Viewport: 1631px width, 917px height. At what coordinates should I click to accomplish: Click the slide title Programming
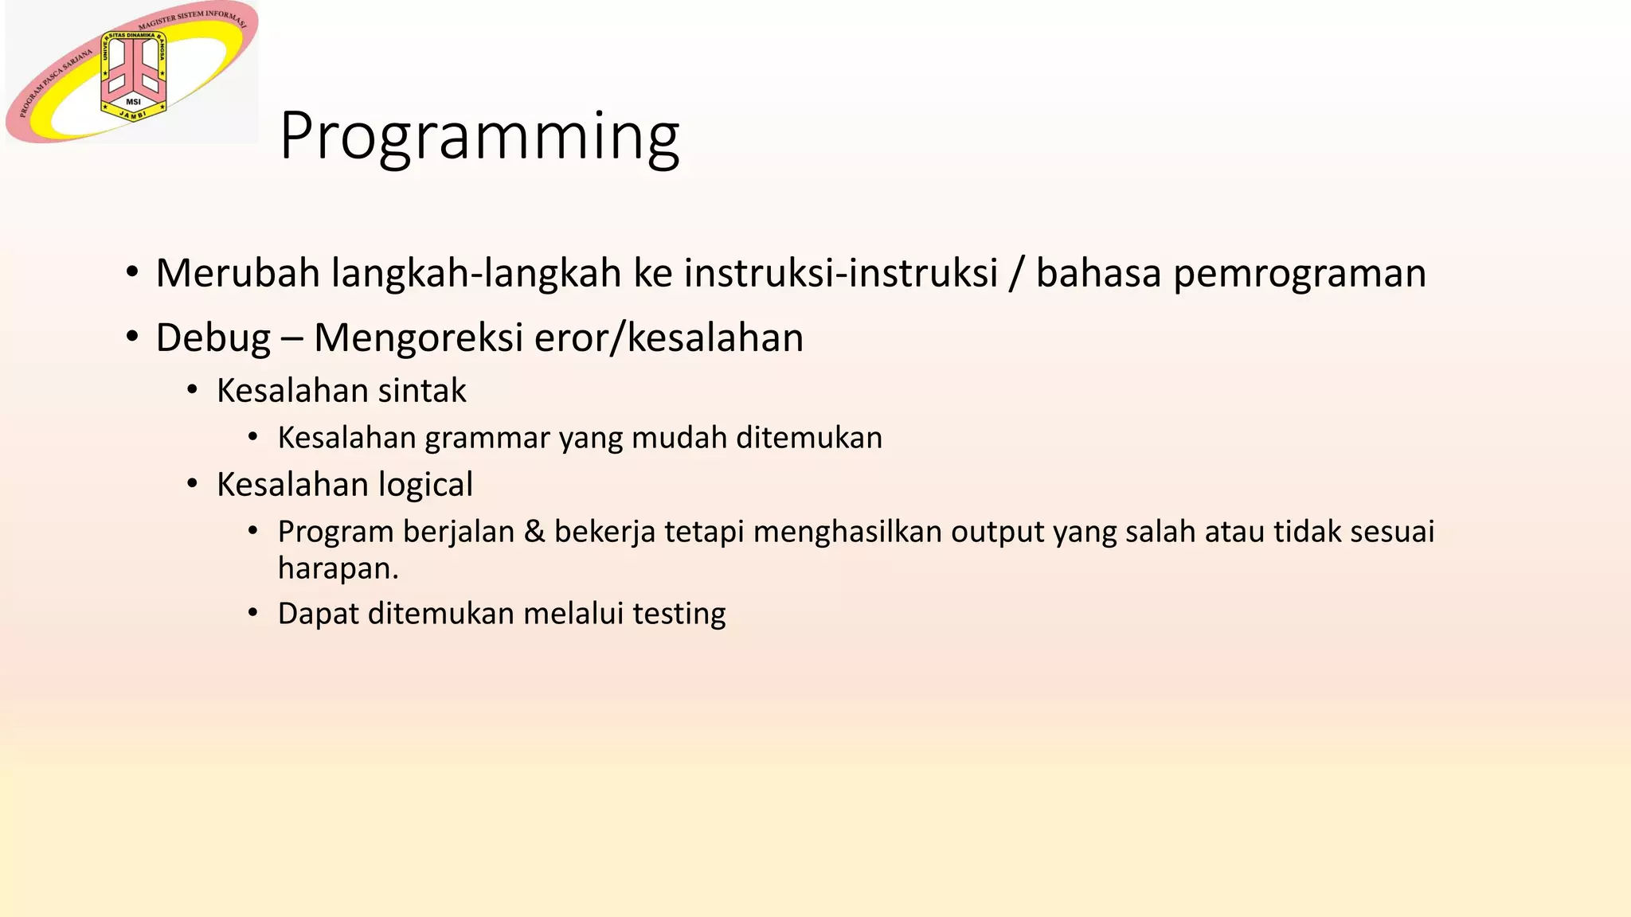click(x=479, y=137)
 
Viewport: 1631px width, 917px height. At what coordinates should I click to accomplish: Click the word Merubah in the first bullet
click(x=237, y=273)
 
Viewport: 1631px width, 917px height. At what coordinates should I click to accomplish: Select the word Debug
click(x=213, y=338)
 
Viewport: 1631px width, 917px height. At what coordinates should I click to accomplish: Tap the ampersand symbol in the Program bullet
click(x=534, y=532)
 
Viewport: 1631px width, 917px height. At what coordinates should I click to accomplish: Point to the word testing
click(x=679, y=614)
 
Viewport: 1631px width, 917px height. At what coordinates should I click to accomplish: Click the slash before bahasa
click(x=1015, y=273)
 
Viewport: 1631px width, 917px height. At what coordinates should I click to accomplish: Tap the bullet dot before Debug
click(x=132, y=338)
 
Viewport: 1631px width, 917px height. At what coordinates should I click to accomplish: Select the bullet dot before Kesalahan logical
click(x=192, y=484)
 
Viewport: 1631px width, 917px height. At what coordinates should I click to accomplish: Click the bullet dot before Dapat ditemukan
click(x=252, y=613)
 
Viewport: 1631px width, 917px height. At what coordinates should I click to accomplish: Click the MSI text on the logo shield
click(x=133, y=102)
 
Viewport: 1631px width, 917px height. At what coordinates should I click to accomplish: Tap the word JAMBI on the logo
click(x=133, y=115)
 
